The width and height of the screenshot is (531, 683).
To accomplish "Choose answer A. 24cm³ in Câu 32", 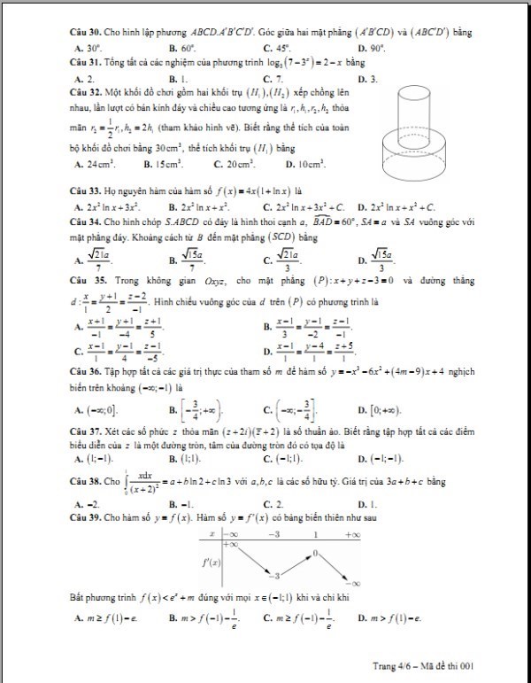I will tap(93, 164).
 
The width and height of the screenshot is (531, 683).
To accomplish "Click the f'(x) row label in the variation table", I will tap(212, 561).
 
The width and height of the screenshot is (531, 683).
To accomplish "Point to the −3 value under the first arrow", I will tap(276, 575).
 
